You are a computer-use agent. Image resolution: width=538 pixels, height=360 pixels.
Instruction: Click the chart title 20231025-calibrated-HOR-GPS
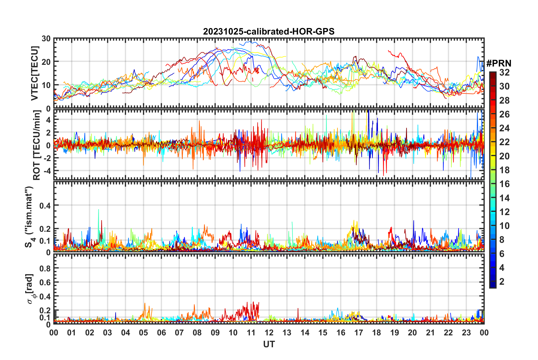click(269, 31)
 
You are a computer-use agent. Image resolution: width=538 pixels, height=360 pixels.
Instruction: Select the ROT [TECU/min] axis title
click(37, 145)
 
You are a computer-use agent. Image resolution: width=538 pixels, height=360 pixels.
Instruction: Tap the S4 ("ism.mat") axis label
click(29, 217)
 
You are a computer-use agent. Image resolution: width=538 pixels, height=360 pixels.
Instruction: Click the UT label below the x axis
click(269, 344)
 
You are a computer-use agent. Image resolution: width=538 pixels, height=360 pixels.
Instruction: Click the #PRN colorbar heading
click(499, 63)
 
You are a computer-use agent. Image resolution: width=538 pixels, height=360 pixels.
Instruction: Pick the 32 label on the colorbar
click(504, 72)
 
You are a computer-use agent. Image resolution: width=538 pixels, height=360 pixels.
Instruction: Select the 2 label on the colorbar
click(502, 282)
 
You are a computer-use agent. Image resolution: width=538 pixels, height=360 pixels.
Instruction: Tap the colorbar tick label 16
click(504, 184)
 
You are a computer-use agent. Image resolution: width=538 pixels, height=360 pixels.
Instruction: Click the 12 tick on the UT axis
click(269, 333)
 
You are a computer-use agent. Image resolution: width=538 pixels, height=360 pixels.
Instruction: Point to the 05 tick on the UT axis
click(143, 333)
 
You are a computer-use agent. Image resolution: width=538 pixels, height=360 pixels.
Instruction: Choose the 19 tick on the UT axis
click(395, 333)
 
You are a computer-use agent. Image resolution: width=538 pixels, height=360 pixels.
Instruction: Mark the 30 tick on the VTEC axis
click(46, 39)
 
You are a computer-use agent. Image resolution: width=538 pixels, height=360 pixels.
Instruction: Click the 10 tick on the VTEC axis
click(46, 85)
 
